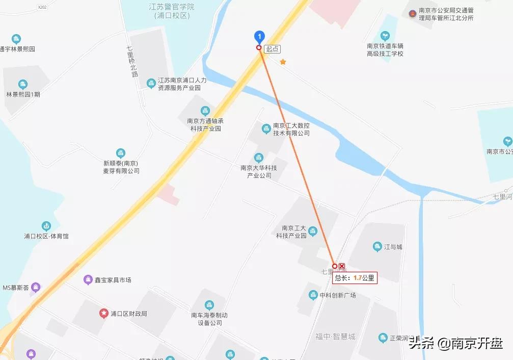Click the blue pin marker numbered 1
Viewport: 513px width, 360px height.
tap(260, 36)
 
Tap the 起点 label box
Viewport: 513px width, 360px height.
tap(273, 48)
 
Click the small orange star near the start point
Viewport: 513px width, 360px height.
tap(283, 62)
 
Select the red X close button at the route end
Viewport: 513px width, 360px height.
tap(342, 266)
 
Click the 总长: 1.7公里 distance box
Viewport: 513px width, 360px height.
tap(355, 278)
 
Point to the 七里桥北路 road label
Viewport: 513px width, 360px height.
tap(132, 62)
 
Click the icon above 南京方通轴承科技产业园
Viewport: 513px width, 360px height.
tap(205, 111)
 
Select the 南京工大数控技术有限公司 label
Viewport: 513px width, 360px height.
tap(291, 130)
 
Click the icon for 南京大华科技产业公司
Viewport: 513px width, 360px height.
tap(259, 157)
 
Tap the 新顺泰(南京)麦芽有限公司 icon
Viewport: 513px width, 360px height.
tap(121, 152)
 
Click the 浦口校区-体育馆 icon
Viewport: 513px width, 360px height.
tap(46, 226)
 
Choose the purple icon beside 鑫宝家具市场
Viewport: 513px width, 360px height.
tap(88, 279)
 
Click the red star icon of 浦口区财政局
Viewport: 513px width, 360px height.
tap(104, 313)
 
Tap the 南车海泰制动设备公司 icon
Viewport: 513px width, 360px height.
tap(209, 305)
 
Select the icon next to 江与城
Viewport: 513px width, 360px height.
tap(377, 247)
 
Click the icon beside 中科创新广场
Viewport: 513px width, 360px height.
tap(313, 295)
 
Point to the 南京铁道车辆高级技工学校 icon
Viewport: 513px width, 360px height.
tap(385, 36)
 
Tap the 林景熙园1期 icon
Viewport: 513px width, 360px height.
tap(22, 84)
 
